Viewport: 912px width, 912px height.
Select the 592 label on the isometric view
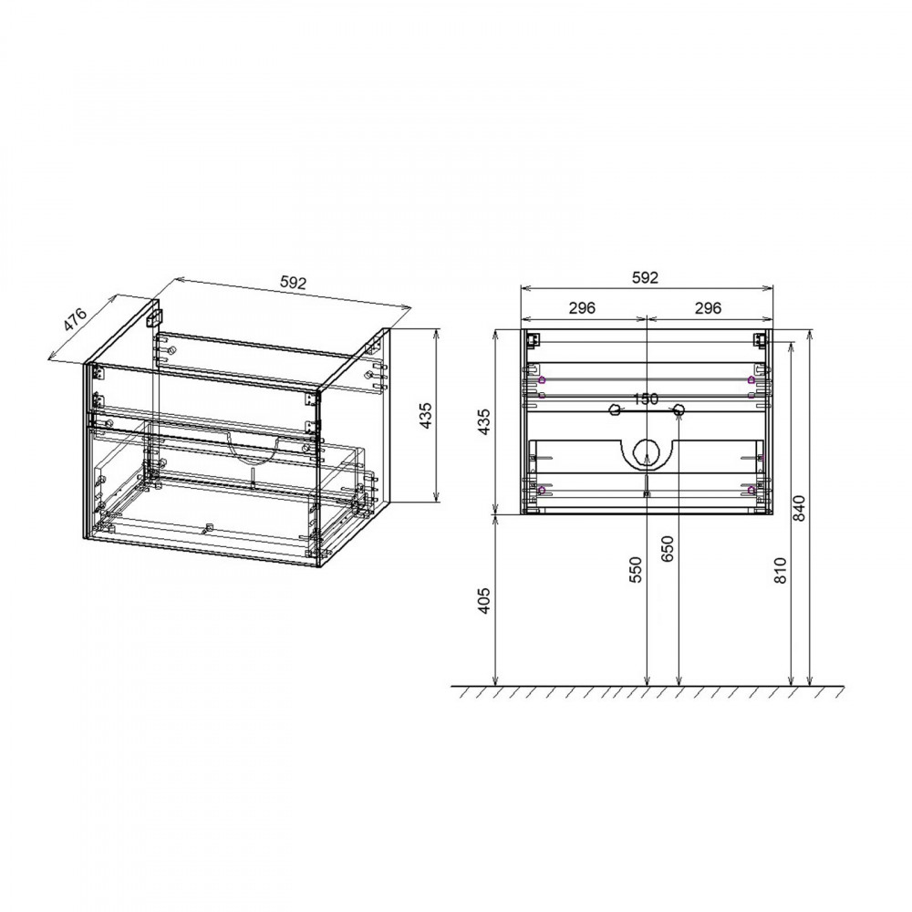tap(291, 283)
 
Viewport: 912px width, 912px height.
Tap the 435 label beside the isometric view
tap(424, 415)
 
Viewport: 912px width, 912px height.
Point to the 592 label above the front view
tap(645, 278)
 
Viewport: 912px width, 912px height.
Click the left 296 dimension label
tap(582, 308)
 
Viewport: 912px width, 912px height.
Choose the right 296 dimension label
tap(709, 308)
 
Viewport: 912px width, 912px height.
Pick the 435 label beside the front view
tap(485, 422)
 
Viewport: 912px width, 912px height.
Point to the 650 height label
tap(668, 549)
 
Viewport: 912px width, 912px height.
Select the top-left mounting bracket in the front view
tap(532, 339)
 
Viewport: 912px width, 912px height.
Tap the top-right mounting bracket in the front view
tap(759, 339)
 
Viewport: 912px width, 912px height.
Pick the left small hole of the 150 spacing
tap(614, 412)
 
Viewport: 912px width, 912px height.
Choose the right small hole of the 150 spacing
tap(678, 412)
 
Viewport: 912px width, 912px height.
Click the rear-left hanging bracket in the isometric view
tap(156, 316)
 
